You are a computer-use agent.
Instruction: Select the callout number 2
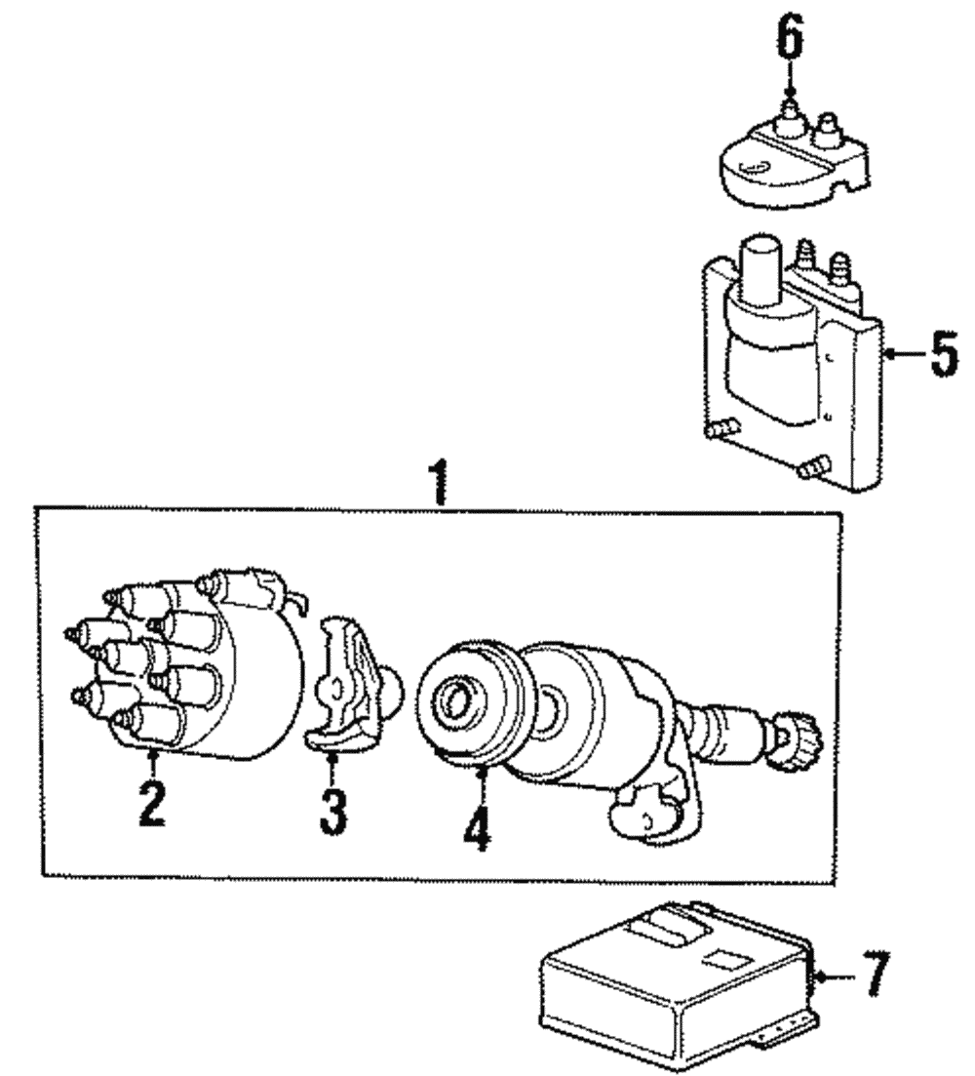[x=151, y=802]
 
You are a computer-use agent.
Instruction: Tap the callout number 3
[x=332, y=811]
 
